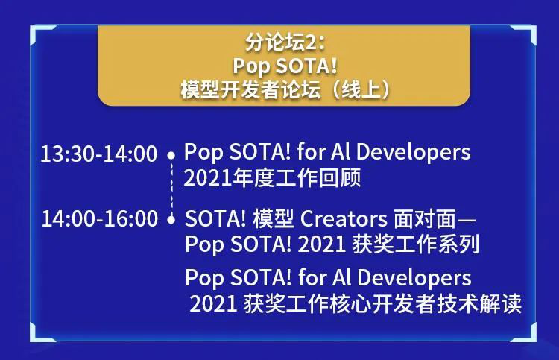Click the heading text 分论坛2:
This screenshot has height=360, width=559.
pyautogui.click(x=285, y=42)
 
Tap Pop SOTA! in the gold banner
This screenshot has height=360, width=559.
pyautogui.click(x=285, y=66)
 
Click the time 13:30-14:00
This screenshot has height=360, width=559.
pyautogui.click(x=98, y=154)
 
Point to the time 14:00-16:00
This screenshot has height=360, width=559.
pyautogui.click(x=99, y=218)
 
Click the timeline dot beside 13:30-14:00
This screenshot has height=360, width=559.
pyautogui.click(x=171, y=156)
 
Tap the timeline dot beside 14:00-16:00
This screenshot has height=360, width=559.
pyautogui.click(x=171, y=220)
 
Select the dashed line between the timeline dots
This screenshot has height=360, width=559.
pyautogui.click(x=171, y=188)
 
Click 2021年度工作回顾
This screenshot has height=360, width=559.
pyautogui.click(x=272, y=177)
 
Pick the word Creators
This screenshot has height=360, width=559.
pyautogui.click(x=344, y=218)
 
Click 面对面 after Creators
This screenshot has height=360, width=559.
pyautogui.click(x=425, y=218)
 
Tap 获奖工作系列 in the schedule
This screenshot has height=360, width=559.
pyautogui.click(x=416, y=244)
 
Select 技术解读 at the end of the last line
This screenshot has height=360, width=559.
pyautogui.click(x=479, y=303)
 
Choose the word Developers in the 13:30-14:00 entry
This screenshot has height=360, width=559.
pyautogui.click(x=413, y=152)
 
